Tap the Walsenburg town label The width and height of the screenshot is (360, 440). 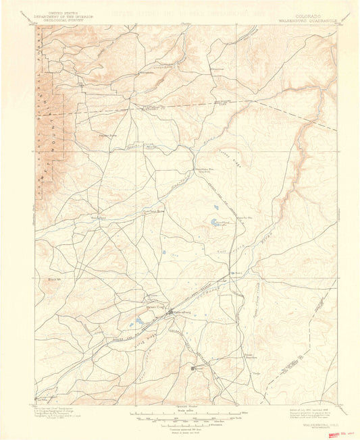point(183,312)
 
